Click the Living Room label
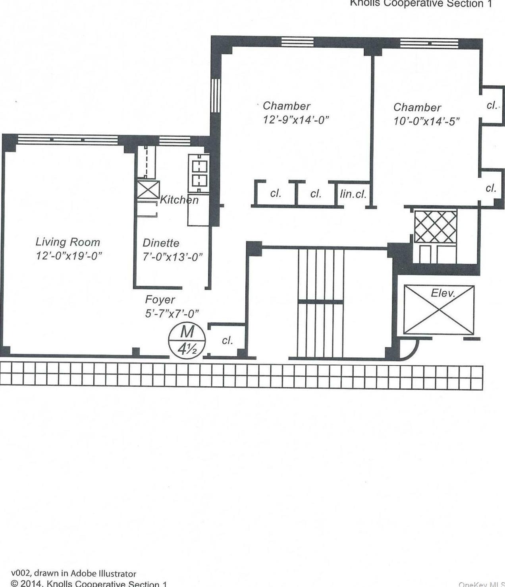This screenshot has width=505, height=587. [67, 242]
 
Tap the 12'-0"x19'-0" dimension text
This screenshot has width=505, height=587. [69, 256]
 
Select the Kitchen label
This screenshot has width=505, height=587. [179, 200]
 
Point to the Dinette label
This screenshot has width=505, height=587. [161, 243]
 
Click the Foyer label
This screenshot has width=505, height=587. [160, 300]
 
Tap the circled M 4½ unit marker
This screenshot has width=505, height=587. [187, 341]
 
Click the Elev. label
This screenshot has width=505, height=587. [443, 293]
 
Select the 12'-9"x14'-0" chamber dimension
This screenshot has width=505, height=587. [296, 120]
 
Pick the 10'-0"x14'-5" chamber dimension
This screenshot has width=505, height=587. [426, 121]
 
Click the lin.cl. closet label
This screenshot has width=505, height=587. [353, 194]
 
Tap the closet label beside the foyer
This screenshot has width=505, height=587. [227, 341]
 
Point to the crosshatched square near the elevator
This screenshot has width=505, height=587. [436, 227]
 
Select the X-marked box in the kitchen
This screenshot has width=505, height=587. [148, 190]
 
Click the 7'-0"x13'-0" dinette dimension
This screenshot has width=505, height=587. [172, 257]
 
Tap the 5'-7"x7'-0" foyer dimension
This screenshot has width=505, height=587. [172, 314]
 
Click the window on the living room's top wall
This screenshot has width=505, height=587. [68, 139]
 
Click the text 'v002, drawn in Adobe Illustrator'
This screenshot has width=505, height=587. [73, 573]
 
